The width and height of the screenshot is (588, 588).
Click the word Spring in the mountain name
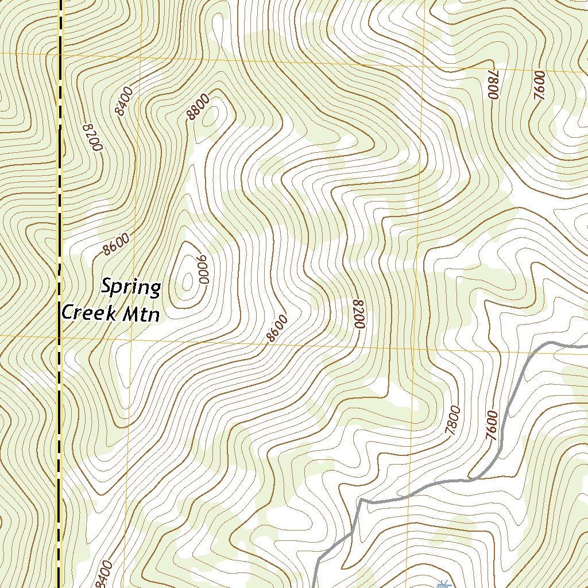[131, 288]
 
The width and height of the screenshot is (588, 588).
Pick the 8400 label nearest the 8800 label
[123, 101]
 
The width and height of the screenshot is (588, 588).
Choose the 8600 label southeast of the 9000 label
[277, 328]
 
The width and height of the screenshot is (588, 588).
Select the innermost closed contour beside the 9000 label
[188, 280]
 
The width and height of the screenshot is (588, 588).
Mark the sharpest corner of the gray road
[362, 501]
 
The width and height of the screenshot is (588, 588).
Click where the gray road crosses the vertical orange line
[408, 494]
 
